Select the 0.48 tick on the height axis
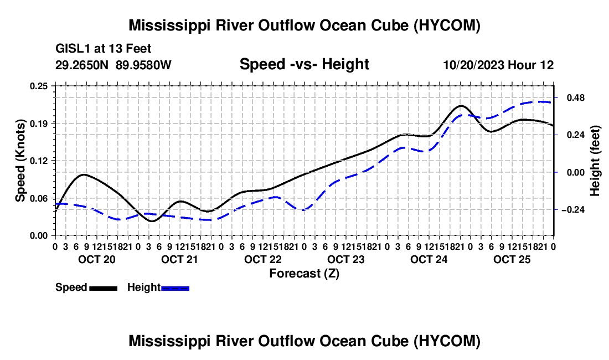[576, 97]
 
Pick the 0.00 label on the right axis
[576, 172]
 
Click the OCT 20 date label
[97, 259]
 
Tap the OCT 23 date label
[345, 259]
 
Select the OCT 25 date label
[512, 259]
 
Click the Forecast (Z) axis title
[304, 274]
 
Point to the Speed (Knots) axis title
[20, 161]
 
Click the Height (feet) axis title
[595, 161]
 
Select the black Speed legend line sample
[104, 288]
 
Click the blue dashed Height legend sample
[175, 288]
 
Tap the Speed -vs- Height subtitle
[304, 64]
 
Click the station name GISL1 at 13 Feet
[104, 49]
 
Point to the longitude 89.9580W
[143, 65]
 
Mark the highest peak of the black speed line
[461, 105]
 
